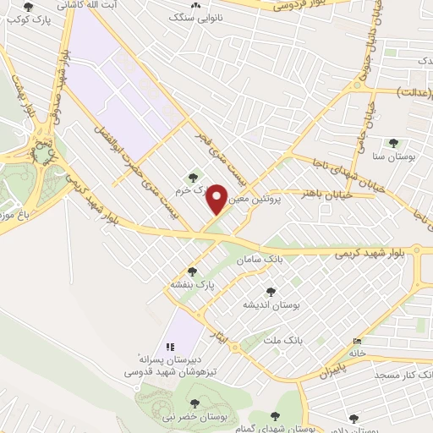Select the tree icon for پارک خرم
[x=193, y=178]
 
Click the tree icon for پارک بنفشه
[x=193, y=271]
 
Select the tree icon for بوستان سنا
[x=392, y=143]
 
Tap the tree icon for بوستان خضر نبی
[x=194, y=403]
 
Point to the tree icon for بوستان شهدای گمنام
[x=274, y=415]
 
